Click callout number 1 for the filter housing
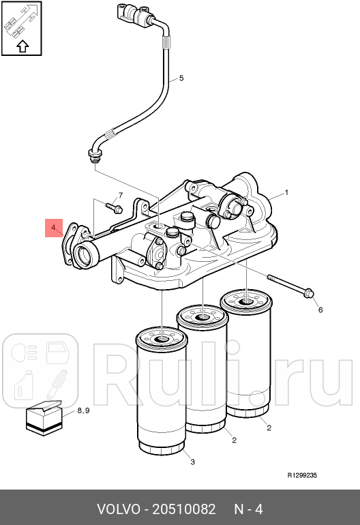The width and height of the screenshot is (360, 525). (286, 192)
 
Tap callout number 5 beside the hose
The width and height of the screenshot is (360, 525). (181, 78)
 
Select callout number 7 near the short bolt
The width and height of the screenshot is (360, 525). (121, 195)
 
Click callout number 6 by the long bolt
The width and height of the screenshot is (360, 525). (320, 310)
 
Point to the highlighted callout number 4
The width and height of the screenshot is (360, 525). (54, 228)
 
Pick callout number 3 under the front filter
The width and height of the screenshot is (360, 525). (192, 462)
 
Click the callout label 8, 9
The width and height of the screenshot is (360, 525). (83, 410)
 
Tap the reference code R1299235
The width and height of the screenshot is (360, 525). (302, 475)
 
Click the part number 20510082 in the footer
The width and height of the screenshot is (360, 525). (184, 509)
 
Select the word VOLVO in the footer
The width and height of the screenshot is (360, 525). (119, 509)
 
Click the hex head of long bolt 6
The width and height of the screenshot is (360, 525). (310, 293)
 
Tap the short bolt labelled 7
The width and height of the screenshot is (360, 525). (114, 207)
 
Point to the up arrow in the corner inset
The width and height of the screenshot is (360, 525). (22, 46)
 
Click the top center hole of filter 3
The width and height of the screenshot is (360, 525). (162, 339)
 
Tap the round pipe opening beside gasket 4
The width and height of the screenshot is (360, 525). (84, 256)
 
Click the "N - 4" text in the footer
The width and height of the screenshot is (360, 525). (248, 509)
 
